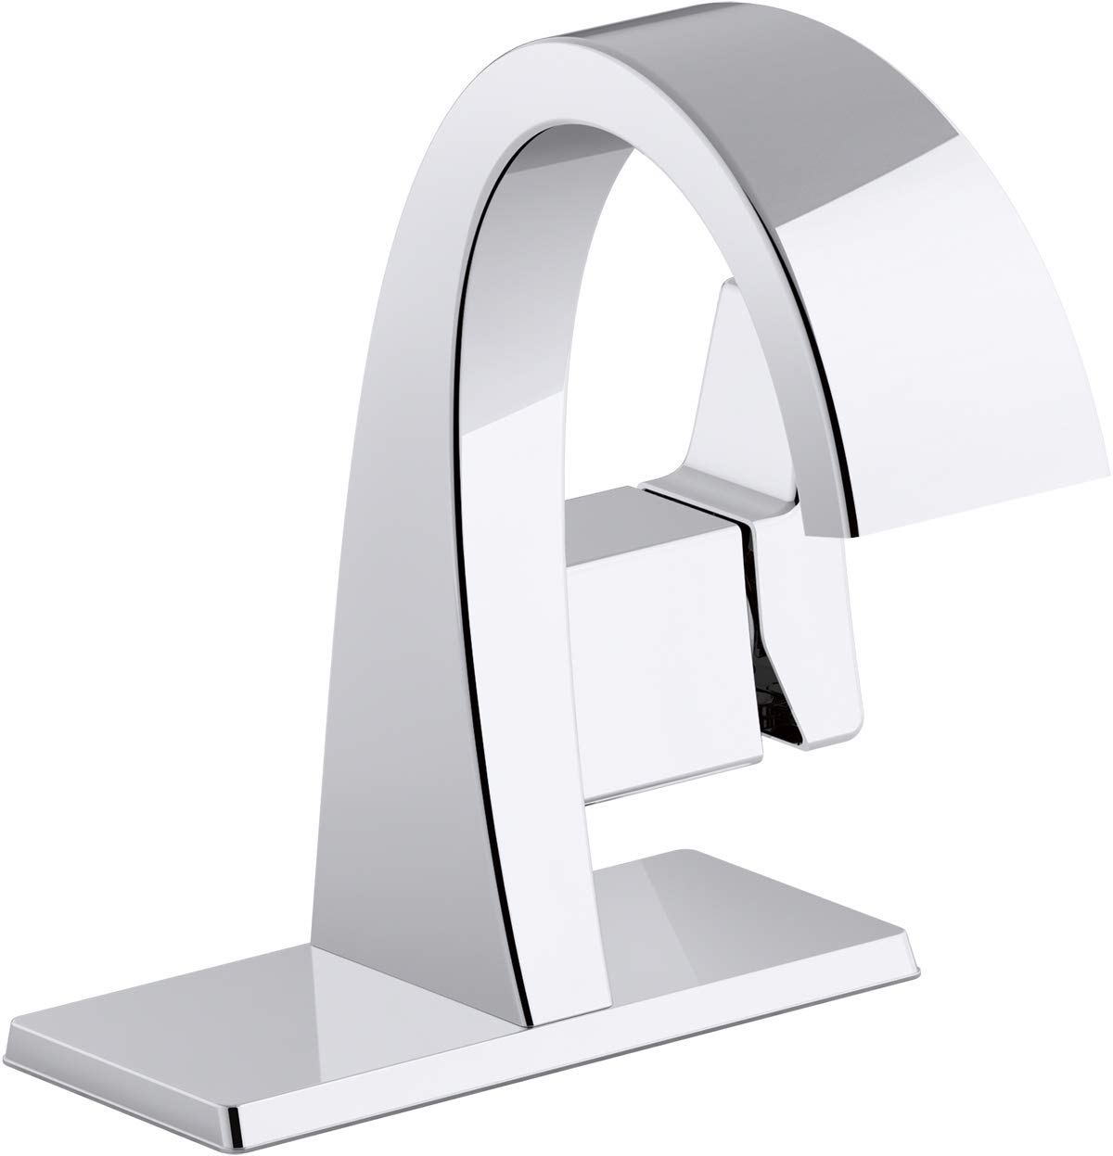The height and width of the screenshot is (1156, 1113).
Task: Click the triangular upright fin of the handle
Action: pos(733,389)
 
